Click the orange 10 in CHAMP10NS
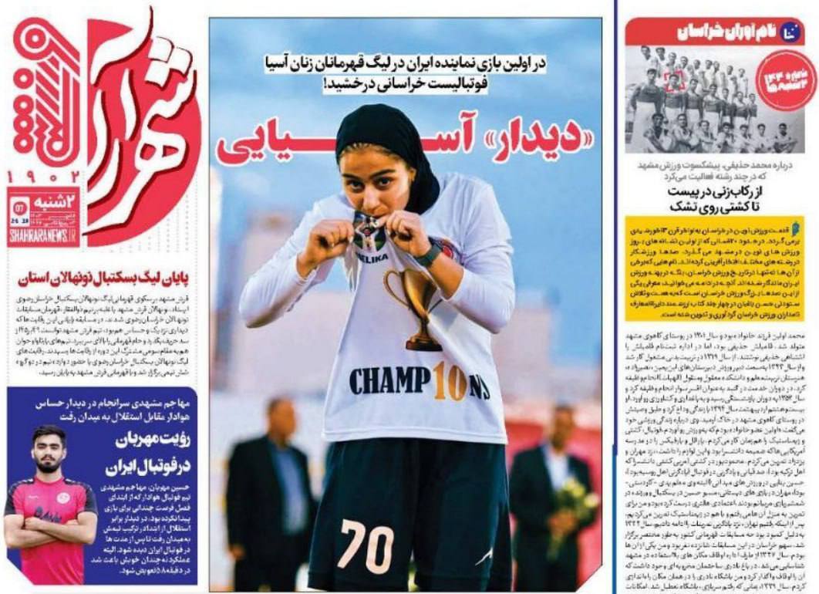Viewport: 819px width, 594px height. [449, 381]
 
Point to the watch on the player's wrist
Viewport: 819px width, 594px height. [428, 254]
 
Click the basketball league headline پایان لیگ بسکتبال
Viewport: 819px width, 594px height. [102, 275]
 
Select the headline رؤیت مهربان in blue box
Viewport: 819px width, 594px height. [147, 440]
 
